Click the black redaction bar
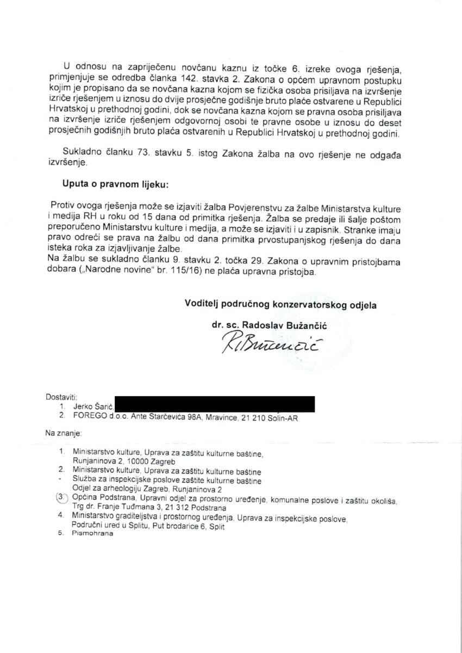(x=215, y=404)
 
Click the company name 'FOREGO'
(x=88, y=416)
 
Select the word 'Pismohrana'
(x=92, y=533)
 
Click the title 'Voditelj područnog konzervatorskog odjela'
(x=280, y=305)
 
